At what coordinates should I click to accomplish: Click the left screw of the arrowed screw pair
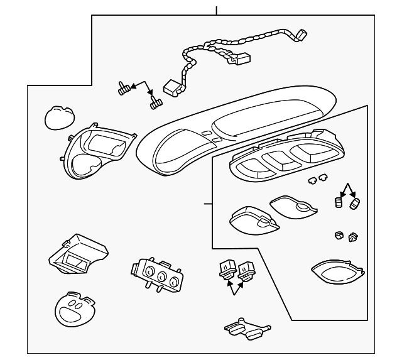click(124, 89)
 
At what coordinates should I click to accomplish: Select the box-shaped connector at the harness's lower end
click(171, 87)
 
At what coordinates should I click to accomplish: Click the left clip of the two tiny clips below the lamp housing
click(312, 181)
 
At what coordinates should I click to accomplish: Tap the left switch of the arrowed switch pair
click(224, 268)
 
